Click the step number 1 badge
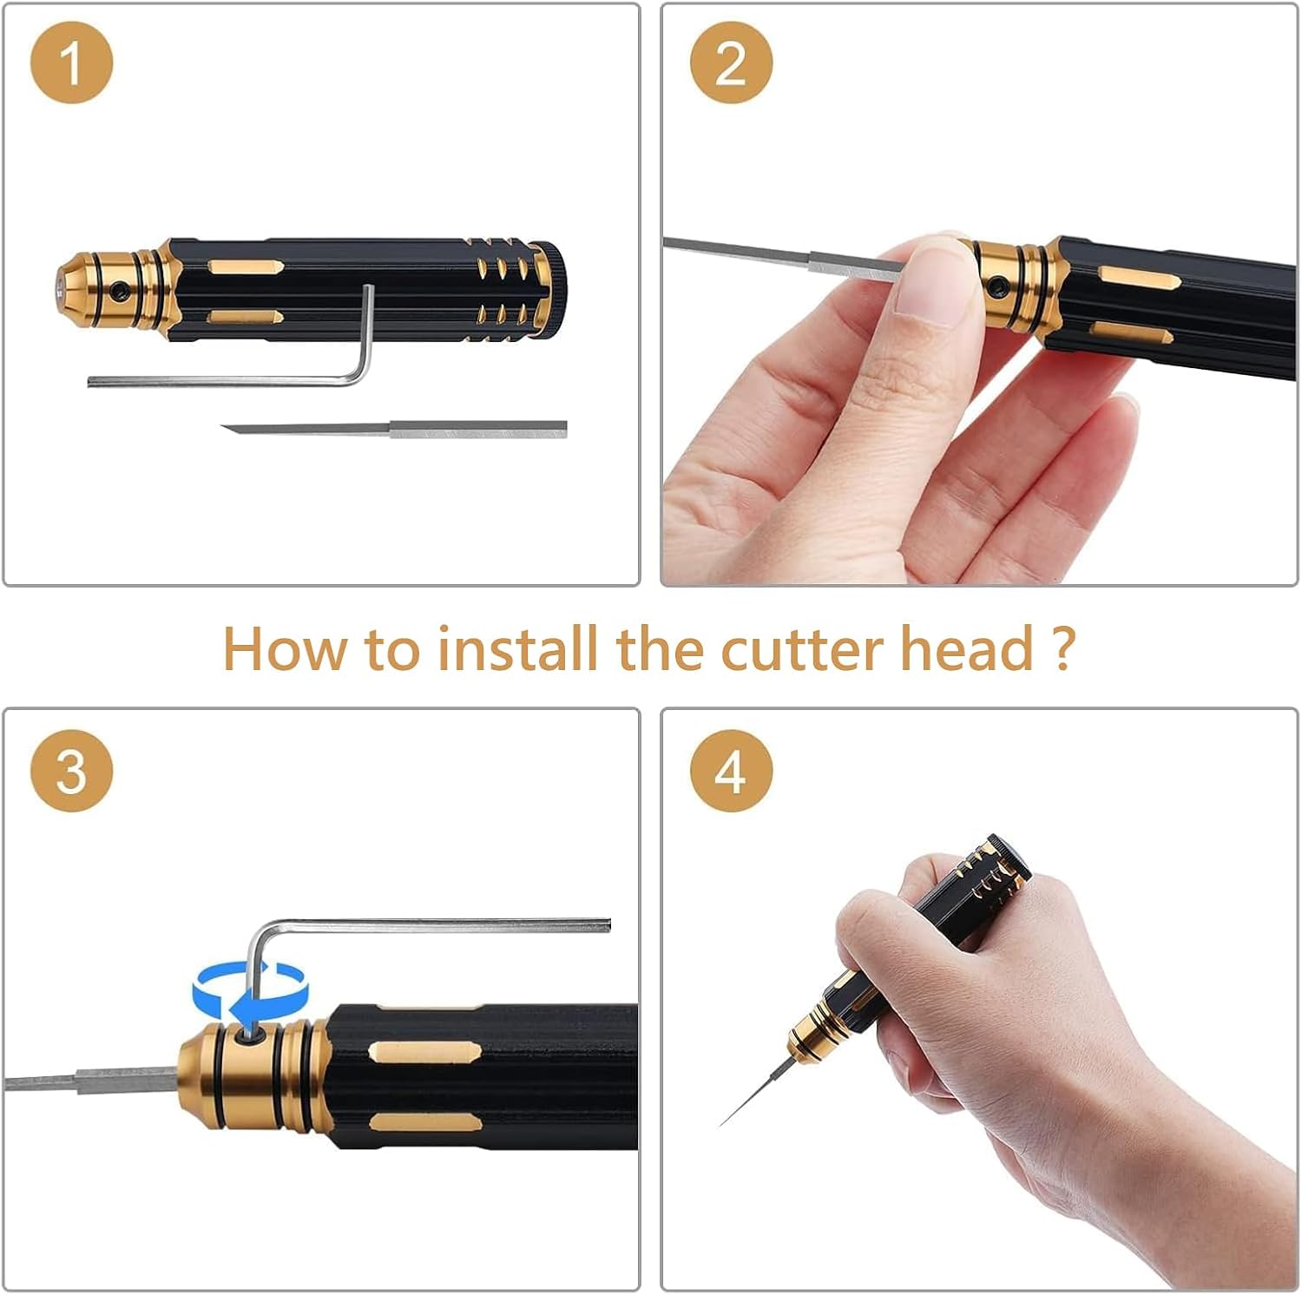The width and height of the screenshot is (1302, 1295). point(71,62)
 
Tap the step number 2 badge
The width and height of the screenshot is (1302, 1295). point(731,62)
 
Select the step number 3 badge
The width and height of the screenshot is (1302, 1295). point(71,771)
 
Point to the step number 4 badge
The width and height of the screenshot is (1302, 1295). point(731,771)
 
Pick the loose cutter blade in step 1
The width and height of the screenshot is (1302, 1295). point(393,428)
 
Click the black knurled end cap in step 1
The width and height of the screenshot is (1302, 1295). point(552,287)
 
